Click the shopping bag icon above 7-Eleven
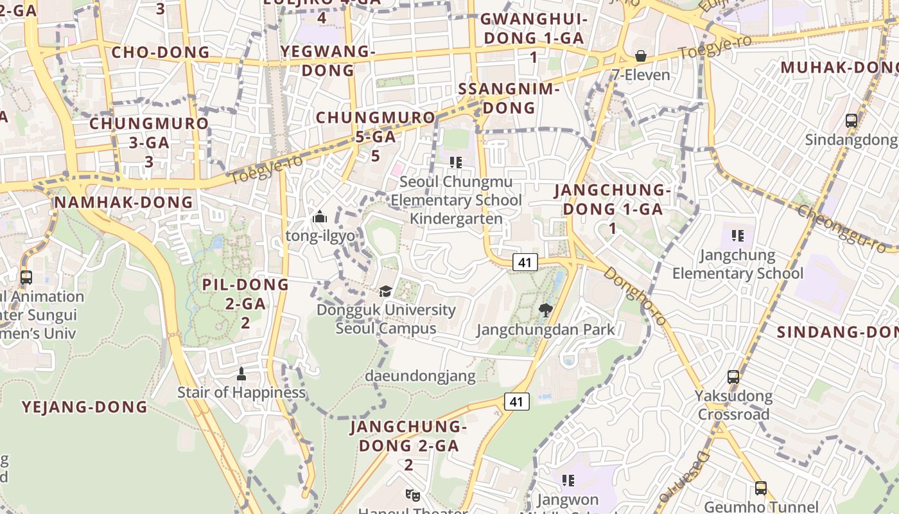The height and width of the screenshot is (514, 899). [x=640, y=56]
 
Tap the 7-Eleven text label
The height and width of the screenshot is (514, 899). [x=640, y=75]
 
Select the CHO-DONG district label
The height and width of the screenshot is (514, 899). [x=161, y=52]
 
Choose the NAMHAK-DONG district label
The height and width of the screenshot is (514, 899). [x=124, y=202]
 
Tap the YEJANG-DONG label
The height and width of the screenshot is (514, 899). [x=85, y=407]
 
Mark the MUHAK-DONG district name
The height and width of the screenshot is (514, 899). [x=839, y=67]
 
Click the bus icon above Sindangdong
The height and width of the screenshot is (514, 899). [x=851, y=120]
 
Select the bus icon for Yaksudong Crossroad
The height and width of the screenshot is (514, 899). [x=733, y=377]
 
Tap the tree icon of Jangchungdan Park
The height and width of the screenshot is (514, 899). [x=546, y=311]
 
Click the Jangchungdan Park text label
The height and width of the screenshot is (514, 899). [x=546, y=330]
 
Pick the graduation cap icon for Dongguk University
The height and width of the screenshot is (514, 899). [x=385, y=291]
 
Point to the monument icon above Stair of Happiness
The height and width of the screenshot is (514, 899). [x=241, y=373]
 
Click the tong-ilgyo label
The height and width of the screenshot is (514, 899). [x=320, y=236]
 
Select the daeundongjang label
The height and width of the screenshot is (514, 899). [x=420, y=377]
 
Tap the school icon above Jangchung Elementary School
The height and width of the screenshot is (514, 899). [x=737, y=236]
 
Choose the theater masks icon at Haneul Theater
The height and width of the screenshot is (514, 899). [x=413, y=495]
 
